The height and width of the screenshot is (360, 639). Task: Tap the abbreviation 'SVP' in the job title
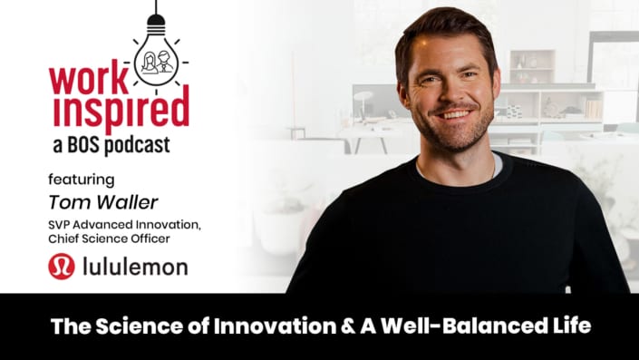pos(63,224)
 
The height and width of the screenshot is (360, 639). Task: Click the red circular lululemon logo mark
pos(62,267)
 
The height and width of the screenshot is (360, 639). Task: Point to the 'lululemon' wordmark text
pos(133,267)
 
